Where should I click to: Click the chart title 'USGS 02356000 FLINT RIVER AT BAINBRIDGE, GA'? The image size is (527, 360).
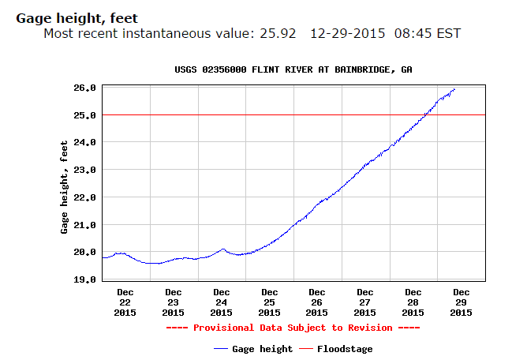pos(293,69)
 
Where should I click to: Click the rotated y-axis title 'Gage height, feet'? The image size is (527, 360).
pos(65,187)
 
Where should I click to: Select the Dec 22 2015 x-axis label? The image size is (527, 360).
pos(125,302)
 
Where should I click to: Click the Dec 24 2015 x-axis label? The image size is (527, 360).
pos(222,302)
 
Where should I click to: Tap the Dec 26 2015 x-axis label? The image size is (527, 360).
pos(317,302)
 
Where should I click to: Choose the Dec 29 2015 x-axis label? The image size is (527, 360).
pos(462,302)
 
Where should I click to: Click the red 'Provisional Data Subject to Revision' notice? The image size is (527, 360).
pos(293,328)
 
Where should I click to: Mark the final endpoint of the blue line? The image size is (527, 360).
pos(455,89)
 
